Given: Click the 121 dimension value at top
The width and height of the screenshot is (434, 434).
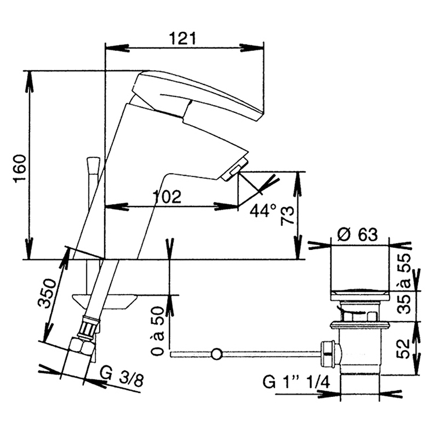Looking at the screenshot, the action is (182, 38).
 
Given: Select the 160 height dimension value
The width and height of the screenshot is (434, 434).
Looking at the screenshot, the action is (20, 168).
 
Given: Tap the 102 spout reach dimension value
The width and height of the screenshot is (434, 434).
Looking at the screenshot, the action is (167, 197).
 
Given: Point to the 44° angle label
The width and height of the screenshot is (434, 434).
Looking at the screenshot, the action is (263, 211).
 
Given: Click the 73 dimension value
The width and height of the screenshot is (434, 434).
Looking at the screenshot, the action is (287, 216).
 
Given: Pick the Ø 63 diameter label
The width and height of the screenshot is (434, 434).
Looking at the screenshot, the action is (358, 235).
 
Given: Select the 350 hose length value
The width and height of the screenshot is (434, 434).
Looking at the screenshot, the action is (47, 293).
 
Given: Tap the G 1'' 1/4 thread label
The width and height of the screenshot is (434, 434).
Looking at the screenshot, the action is (296, 383).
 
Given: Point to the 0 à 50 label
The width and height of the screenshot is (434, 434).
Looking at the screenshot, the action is (159, 331).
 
